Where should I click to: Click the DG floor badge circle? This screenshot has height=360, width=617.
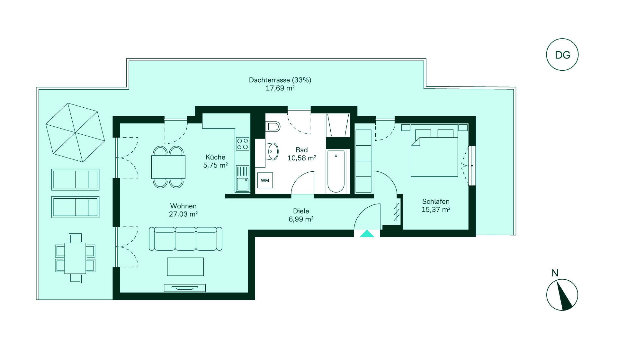(x=562, y=39)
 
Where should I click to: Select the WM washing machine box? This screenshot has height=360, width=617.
(x=265, y=180)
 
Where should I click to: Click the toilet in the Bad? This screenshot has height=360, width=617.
(x=273, y=126)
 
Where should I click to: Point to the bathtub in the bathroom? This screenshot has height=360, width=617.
(x=336, y=171)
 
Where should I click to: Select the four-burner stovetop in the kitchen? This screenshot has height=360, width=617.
(x=243, y=144)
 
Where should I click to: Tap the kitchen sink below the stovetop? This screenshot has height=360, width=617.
(x=243, y=178)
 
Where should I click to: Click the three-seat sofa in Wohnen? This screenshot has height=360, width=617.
(x=185, y=239)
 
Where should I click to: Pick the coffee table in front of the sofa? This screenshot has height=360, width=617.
(x=185, y=267)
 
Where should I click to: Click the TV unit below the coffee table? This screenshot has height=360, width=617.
(x=185, y=288)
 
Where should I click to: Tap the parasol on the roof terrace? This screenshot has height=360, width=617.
(x=75, y=132)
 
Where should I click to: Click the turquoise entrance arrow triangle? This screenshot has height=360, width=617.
(x=367, y=234)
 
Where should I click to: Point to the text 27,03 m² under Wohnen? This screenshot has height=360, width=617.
(x=183, y=214)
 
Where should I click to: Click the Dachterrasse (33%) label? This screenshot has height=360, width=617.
(x=280, y=80)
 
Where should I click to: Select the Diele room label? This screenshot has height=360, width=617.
(x=301, y=211)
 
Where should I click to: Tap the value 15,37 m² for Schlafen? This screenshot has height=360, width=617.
(x=436, y=210)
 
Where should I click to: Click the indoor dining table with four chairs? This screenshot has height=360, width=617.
(x=168, y=167)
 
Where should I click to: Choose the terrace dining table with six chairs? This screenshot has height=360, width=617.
(x=75, y=258)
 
